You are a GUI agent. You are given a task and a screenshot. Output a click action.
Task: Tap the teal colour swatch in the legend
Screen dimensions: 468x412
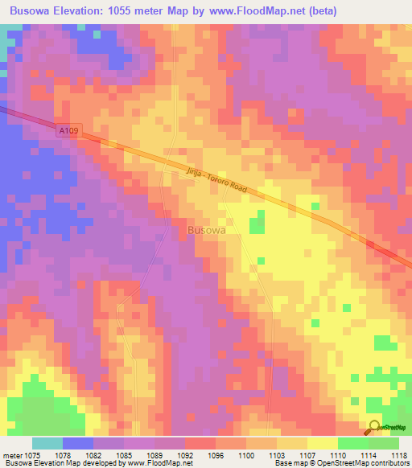(x=47, y=443)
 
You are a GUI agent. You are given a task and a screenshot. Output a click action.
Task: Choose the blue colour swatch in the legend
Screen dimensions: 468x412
(x=78, y=443)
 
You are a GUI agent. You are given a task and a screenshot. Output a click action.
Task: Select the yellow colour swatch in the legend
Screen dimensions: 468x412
(x=322, y=443)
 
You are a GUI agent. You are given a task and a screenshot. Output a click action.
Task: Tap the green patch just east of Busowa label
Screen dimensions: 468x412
(x=257, y=223)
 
